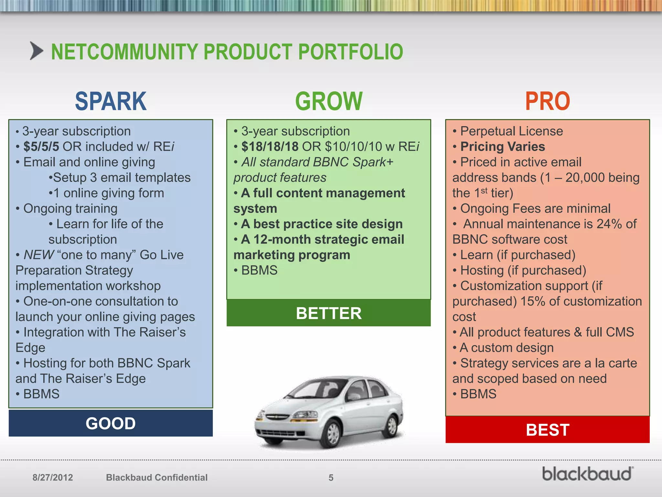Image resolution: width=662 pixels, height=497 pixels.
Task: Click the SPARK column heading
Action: [111, 101]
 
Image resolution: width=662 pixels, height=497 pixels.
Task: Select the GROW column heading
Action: [329, 101]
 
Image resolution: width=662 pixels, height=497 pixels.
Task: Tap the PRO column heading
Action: [547, 101]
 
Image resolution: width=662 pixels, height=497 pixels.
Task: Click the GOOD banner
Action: [111, 423]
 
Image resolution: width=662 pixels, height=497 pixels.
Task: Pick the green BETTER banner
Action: [329, 313]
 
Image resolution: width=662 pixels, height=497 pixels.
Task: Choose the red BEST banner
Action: [547, 430]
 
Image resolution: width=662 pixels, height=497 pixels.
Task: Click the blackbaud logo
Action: [587, 474]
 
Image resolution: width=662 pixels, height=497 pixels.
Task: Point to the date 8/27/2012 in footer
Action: [53, 478]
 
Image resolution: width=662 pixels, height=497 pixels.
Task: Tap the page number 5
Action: [331, 478]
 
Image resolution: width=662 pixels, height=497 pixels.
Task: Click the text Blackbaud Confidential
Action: [157, 478]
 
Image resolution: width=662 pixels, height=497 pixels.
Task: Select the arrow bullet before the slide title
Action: [36, 51]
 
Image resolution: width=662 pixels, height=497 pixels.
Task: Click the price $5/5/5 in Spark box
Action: [41, 147]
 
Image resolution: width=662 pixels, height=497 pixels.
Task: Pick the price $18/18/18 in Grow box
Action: [270, 147]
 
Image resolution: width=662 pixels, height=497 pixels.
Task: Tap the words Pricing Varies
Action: [502, 147]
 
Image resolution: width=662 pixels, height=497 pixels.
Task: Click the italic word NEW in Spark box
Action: [38, 255]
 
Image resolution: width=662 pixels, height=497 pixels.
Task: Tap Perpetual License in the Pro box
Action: [511, 131]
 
